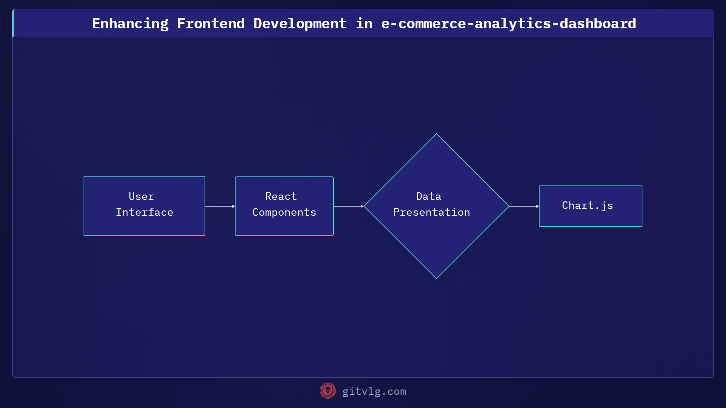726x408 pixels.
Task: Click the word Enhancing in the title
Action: click(130, 23)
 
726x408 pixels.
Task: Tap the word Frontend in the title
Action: click(211, 23)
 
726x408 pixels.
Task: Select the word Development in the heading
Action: click(300, 23)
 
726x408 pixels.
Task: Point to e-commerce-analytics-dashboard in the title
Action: click(508, 23)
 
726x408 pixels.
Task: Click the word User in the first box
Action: click(141, 196)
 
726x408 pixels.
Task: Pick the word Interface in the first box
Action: click(144, 212)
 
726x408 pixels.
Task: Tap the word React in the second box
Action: click(281, 196)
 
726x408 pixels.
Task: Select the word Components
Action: click(284, 212)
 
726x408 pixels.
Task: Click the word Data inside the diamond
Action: click(428, 196)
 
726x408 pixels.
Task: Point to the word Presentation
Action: click(431, 212)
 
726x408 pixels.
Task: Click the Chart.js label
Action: click(587, 206)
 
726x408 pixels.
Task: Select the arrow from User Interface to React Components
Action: click(220, 206)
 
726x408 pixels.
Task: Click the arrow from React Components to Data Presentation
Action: click(348, 206)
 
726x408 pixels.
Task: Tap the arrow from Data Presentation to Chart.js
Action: click(524, 206)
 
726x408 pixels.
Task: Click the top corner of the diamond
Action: click(436, 134)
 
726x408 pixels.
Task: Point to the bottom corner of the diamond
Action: click(436, 278)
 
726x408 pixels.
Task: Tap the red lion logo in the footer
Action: click(327, 391)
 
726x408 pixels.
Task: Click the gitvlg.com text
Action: click(374, 391)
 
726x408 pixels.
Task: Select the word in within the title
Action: click(364, 23)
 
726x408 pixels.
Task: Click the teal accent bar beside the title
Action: click(13, 23)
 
